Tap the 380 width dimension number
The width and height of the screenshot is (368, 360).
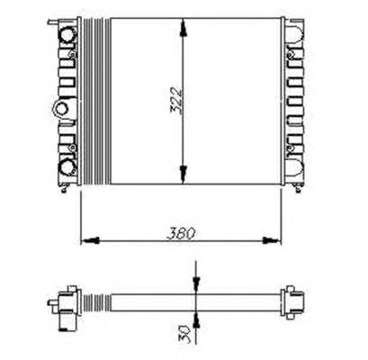click(x=181, y=233)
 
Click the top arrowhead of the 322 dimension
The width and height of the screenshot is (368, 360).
click(x=184, y=28)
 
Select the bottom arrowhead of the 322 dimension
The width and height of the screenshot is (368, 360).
click(x=184, y=175)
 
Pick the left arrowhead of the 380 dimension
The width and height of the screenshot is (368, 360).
click(x=90, y=240)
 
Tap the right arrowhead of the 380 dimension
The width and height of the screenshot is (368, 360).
click(x=272, y=240)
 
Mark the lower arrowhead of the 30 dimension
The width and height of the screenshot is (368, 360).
click(x=196, y=319)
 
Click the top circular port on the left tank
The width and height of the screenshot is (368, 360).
click(x=67, y=35)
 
